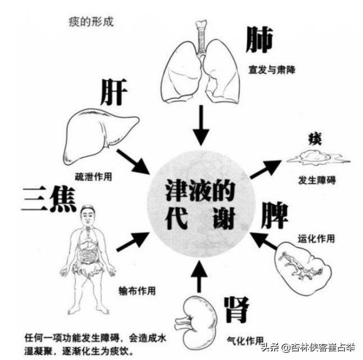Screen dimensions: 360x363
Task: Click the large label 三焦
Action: coord(49,199)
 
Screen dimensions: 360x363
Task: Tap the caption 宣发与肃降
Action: coord(272,69)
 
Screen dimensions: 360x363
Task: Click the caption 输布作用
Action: coord(137,291)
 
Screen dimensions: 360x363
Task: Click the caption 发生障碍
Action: coord(317,180)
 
